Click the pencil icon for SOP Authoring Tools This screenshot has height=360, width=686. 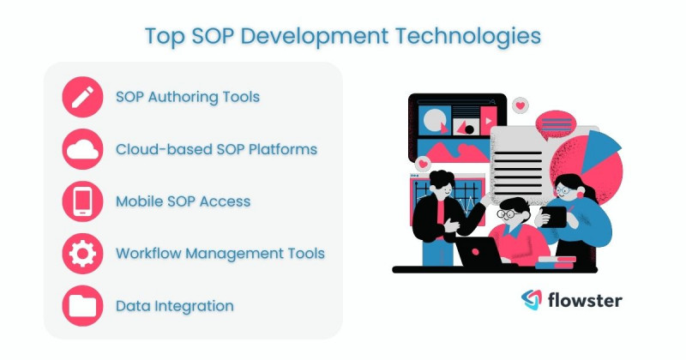(83, 97)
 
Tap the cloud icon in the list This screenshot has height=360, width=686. (83, 149)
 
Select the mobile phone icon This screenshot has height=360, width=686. (83, 201)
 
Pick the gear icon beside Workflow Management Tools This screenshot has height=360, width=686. (83, 254)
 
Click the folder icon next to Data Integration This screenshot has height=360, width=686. (83, 306)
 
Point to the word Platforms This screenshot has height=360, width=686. (280, 149)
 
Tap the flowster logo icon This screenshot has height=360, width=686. (532, 299)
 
